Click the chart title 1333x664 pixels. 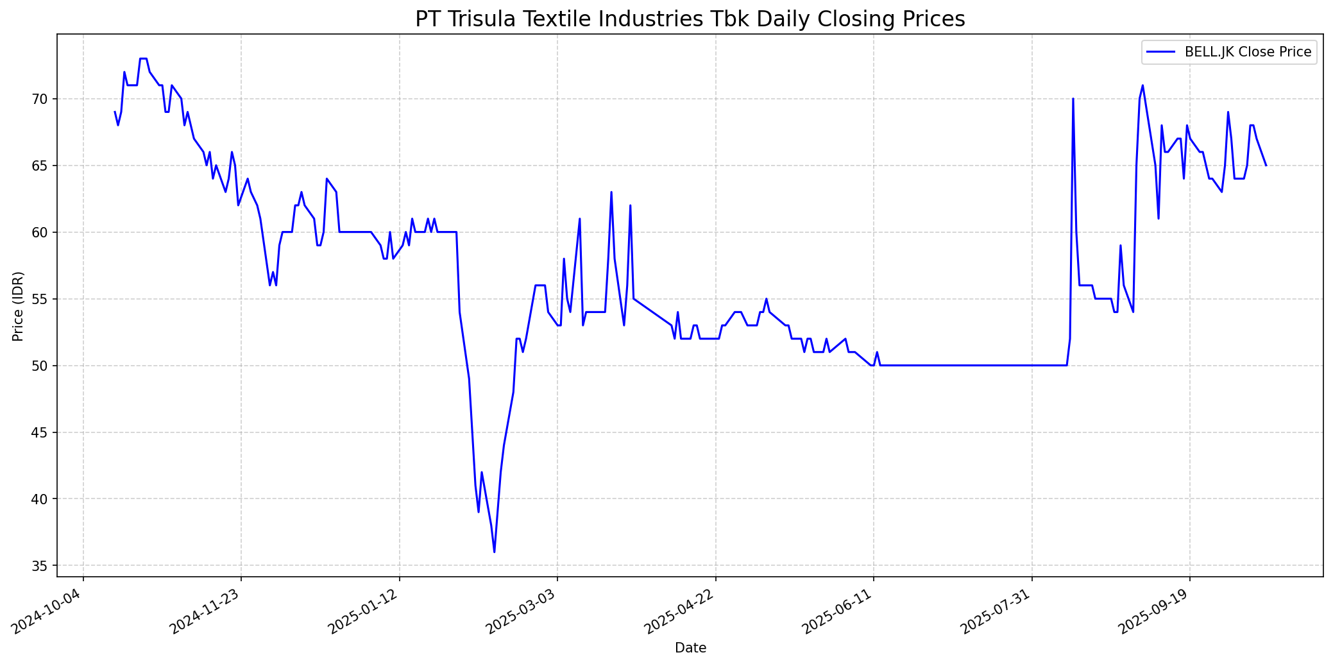pyautogui.click(x=690, y=19)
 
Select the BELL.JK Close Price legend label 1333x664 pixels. pyautogui.click(x=1248, y=52)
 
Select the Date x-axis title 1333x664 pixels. pyautogui.click(x=690, y=648)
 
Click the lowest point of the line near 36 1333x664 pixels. pyautogui.click(x=494, y=552)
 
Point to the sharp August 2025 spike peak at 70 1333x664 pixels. pyautogui.click(x=1073, y=99)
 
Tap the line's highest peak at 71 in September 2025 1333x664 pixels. pyautogui.click(x=1142, y=85)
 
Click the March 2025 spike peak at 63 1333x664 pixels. pyautogui.click(x=611, y=192)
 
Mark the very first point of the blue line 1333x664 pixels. pyautogui.click(x=115, y=112)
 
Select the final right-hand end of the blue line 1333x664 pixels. pyautogui.click(x=1266, y=166)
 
